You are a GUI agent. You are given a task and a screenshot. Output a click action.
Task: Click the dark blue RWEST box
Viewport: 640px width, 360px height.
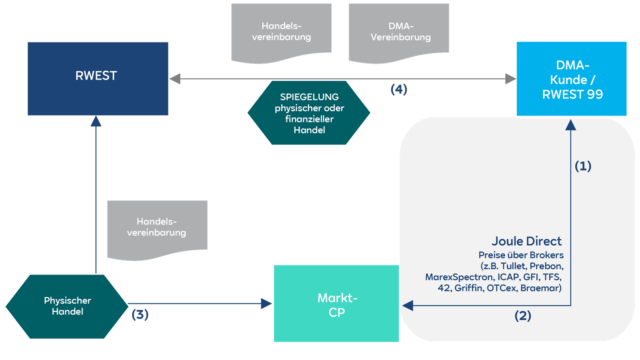98,78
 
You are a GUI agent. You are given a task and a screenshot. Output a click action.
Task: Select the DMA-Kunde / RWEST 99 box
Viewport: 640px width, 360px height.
571,79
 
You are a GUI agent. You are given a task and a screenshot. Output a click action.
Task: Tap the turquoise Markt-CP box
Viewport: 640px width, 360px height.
336,303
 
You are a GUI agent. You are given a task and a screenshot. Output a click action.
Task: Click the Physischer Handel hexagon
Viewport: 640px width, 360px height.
67,306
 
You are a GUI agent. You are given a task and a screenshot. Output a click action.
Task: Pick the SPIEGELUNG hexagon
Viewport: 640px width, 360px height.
309,113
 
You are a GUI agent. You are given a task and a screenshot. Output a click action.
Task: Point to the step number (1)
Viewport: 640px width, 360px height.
583,166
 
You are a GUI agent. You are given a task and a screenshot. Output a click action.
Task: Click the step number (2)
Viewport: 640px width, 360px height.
522,316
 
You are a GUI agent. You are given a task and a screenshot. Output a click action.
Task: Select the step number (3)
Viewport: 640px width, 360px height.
140,314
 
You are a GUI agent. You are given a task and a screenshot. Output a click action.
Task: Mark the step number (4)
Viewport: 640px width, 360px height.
398,89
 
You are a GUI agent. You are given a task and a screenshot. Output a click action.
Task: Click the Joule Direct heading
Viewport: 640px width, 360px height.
526,241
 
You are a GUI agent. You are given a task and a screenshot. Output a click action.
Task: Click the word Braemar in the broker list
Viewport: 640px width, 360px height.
540,288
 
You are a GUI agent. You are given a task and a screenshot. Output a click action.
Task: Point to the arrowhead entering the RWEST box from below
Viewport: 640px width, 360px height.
96,121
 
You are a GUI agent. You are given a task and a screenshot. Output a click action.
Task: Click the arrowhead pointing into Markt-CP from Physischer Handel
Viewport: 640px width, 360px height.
266,304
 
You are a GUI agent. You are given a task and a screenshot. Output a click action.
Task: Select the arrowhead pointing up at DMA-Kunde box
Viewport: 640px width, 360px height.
570,125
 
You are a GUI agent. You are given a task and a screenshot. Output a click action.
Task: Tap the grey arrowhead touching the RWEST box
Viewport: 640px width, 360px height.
175,79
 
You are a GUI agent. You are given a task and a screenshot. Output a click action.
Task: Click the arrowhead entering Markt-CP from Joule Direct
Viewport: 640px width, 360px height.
408,306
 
